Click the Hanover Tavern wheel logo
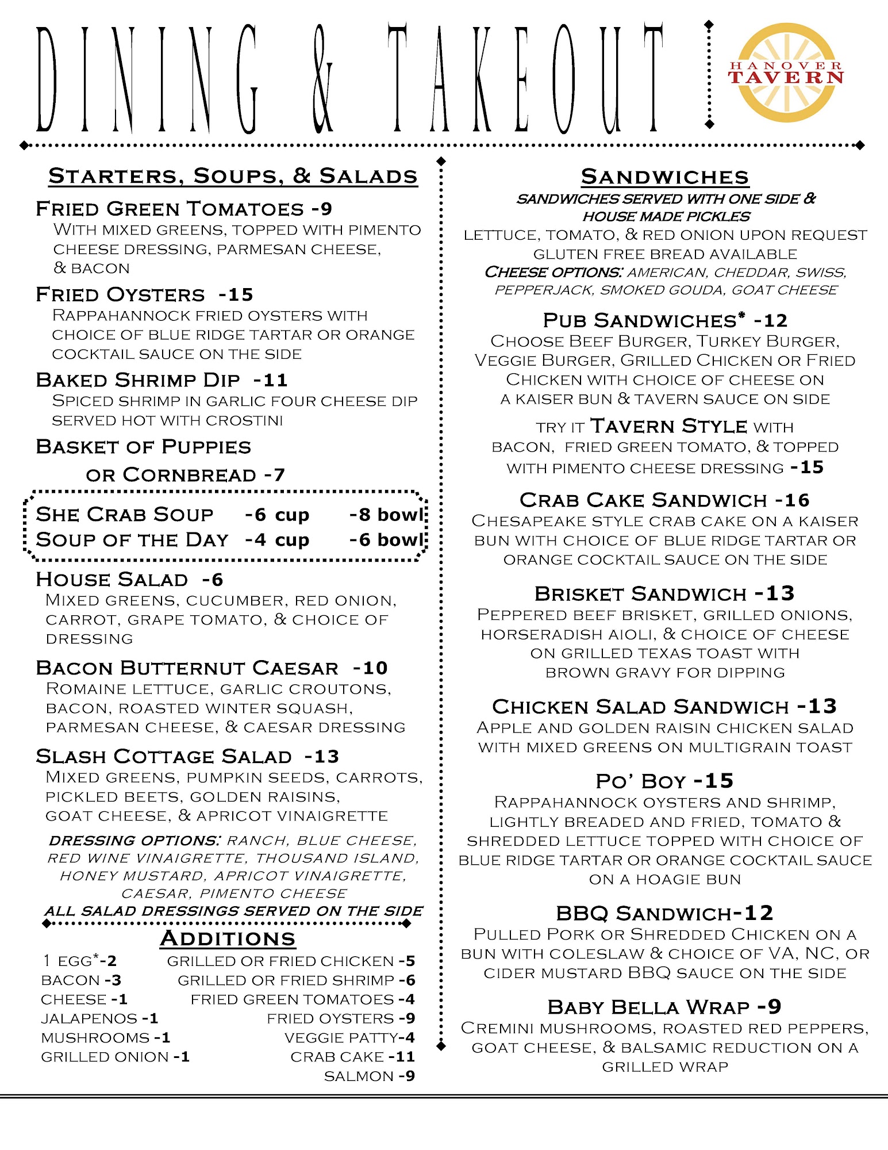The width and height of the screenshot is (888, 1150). tap(786, 72)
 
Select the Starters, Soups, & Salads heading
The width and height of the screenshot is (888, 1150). tap(233, 176)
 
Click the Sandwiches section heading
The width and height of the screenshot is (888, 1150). tap(664, 177)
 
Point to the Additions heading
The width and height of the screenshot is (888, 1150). tap(228, 938)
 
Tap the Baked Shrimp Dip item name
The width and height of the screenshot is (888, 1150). tap(138, 380)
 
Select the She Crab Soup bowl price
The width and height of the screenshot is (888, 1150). tap(386, 515)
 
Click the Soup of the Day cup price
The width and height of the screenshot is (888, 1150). tap(277, 540)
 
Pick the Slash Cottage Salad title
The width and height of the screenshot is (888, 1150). tap(164, 756)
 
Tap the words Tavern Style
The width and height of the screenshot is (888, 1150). tap(668, 426)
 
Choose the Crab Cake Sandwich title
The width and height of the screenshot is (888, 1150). tap(643, 500)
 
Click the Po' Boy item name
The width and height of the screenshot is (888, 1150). tap(641, 781)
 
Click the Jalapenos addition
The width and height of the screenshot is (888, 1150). tap(89, 1018)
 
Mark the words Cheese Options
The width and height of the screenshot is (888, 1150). tap(553, 272)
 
